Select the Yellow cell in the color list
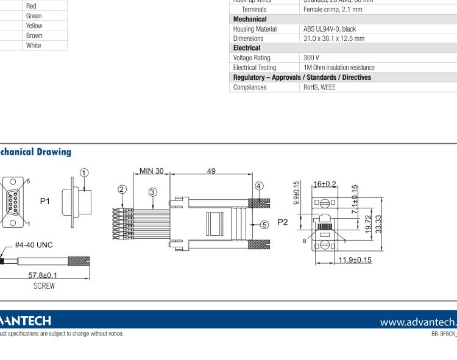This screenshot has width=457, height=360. pos(34,26)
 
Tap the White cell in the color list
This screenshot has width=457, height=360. pos(34,45)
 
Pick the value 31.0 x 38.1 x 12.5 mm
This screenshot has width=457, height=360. pos(334,38)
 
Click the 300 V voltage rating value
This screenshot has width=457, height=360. pos(312,58)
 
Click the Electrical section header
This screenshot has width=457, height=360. pos(247,48)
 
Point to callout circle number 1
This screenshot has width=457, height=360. pos(85,172)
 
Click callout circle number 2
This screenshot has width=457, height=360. pos(122,189)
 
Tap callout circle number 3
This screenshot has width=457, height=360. pos(152,192)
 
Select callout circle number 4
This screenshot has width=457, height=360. pos(258,186)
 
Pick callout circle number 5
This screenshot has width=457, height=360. pos(264,224)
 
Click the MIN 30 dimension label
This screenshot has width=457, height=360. pos(152,171)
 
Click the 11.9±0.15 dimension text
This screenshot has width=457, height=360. pos(353,261)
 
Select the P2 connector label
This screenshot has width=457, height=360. pos(283,222)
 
